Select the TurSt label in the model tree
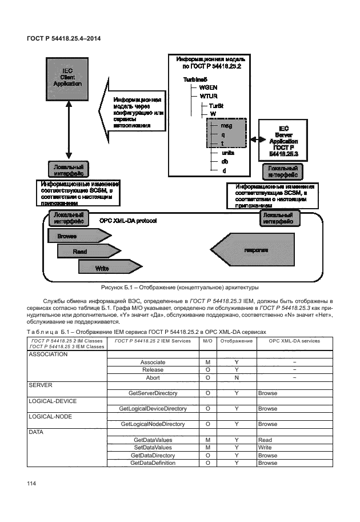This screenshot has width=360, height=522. (x=216, y=106)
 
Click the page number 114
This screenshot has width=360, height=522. (x=31, y=484)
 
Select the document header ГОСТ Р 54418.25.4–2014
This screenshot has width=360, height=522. (x=61, y=38)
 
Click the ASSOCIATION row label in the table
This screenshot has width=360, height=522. (x=48, y=354)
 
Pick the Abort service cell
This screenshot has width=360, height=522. (x=153, y=378)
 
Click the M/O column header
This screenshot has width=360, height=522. (x=207, y=341)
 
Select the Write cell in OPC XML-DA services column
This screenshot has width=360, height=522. (x=265, y=448)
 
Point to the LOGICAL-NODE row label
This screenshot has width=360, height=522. (x=50, y=416)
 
